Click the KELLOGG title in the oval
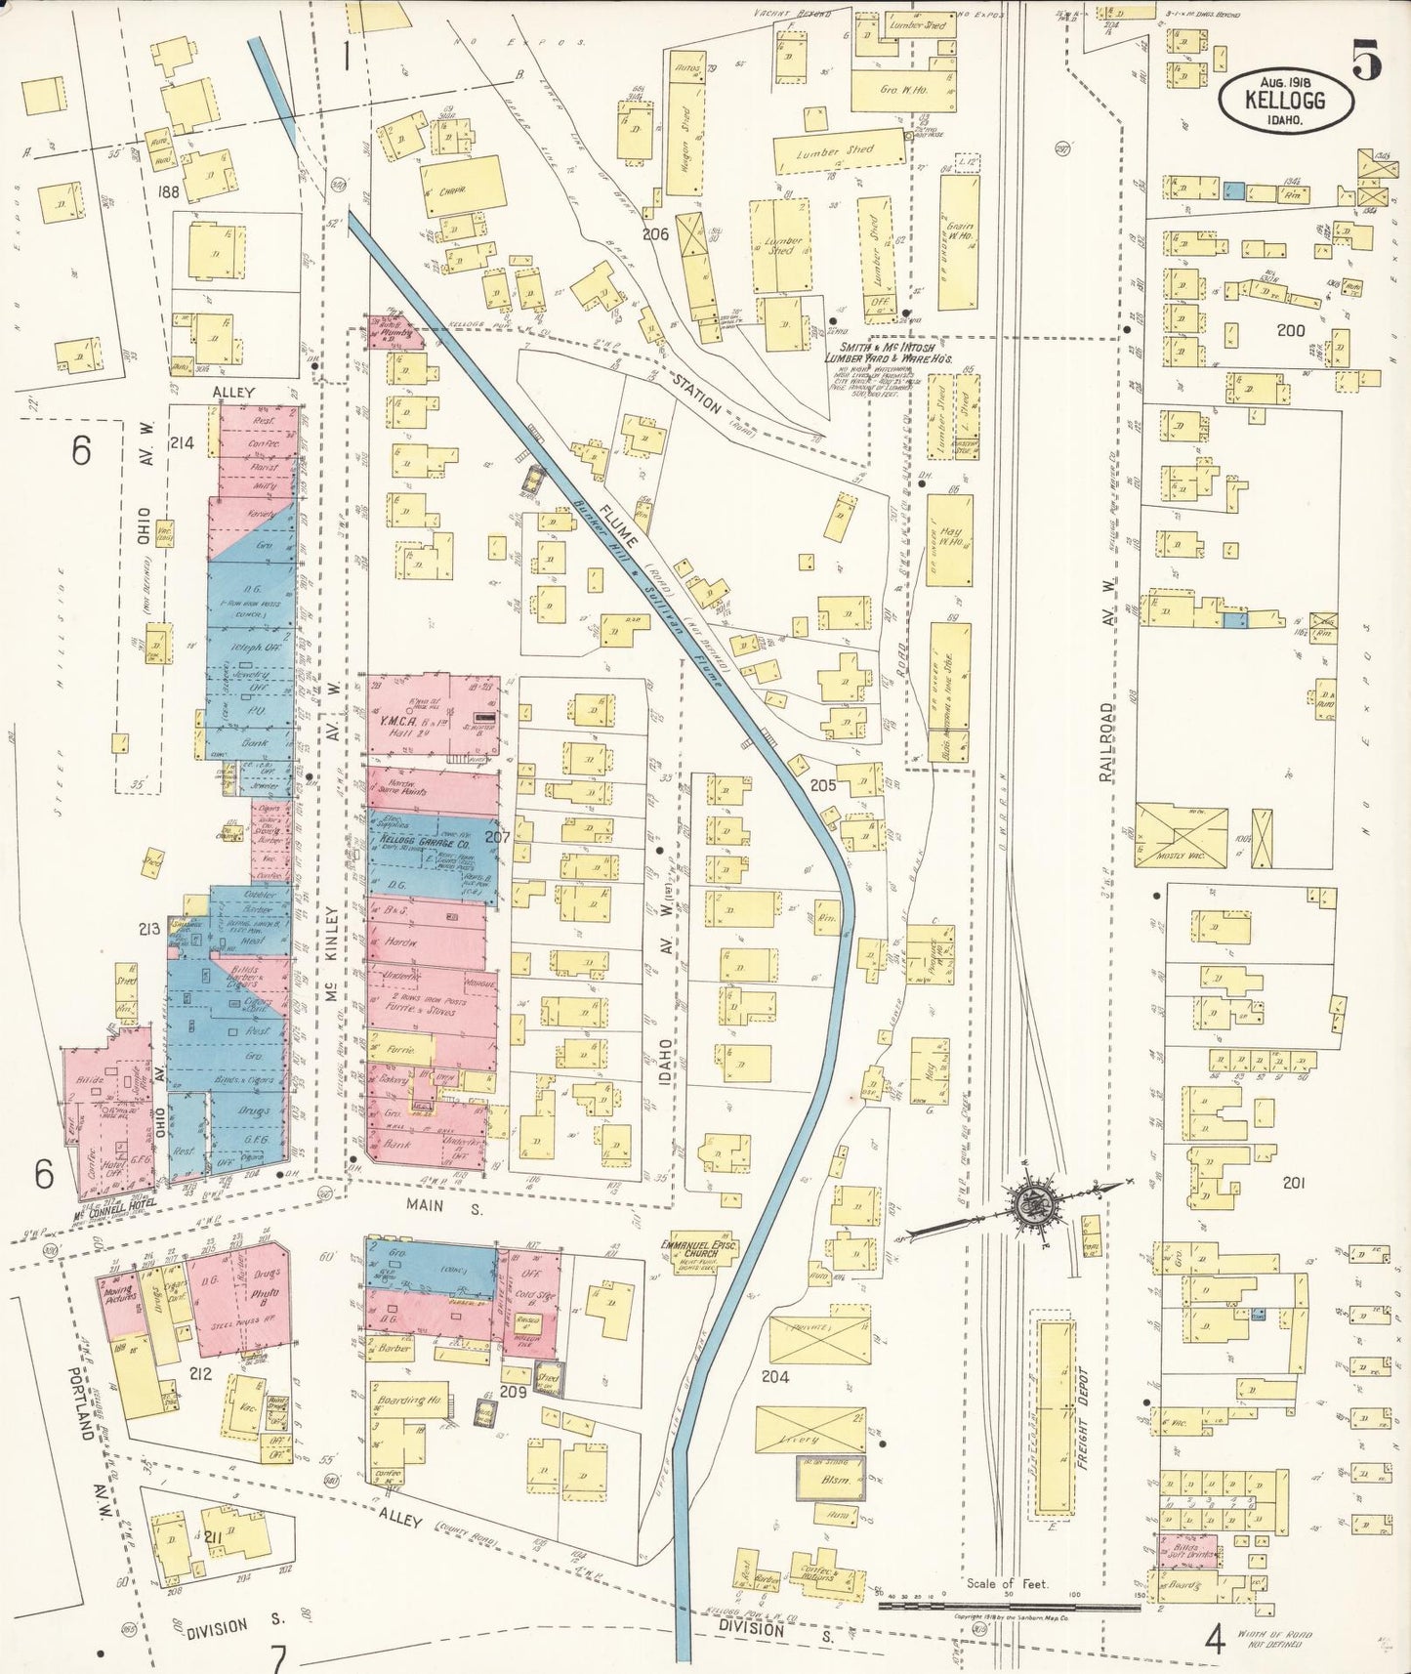coord(1285,100)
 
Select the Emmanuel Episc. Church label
coord(697,1251)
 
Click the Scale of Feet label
coord(1007,1583)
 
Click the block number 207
coord(497,837)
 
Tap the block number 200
coord(1290,330)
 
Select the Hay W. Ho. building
coord(949,539)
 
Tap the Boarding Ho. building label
coord(410,1400)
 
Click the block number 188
coord(169,192)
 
